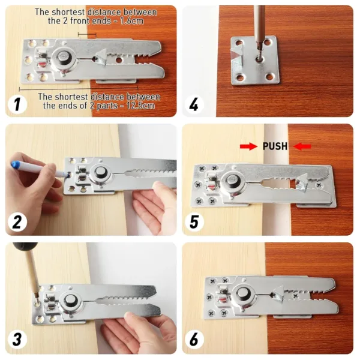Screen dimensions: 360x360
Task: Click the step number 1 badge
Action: point(17,106)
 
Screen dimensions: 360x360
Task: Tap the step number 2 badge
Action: point(17,223)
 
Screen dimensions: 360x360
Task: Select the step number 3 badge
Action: point(17,340)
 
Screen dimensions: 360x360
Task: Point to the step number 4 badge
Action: point(194,106)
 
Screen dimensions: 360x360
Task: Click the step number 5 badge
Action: point(194,223)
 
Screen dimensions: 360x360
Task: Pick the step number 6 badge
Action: point(194,340)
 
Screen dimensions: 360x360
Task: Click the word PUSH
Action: point(275,146)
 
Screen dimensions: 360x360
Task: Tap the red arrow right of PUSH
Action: point(303,146)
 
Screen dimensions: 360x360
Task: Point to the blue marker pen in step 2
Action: point(33,169)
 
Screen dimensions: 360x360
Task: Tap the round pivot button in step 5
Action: point(230,183)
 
